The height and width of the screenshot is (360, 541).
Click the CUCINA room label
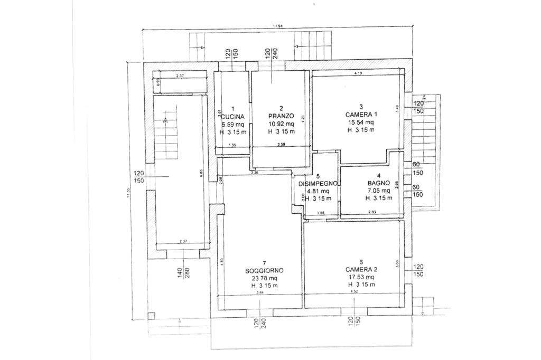pos(232,117)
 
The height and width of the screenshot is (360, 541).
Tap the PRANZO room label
pos(281,116)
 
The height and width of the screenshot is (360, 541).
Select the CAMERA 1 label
pos(361,114)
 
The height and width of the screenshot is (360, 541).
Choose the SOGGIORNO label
pos(264,270)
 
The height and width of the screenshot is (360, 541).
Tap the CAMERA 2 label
pos(361,269)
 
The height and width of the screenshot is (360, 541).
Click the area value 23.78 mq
pos(264,278)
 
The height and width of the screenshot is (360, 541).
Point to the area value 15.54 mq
pos(361,122)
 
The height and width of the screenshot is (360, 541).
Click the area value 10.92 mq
pos(281,124)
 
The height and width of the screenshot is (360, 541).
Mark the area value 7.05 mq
pos(378,190)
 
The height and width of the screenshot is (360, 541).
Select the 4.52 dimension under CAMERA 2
pos(355,291)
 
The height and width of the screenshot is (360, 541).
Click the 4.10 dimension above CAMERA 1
pos(358,73)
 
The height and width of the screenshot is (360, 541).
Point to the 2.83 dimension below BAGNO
pos(372,212)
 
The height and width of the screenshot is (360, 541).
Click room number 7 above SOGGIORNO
pos(264,263)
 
